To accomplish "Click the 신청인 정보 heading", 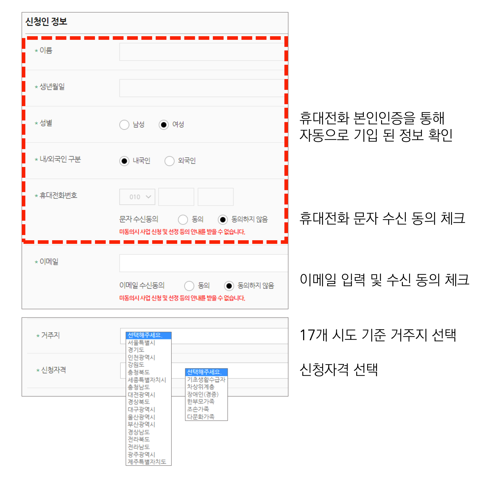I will tap(46, 22).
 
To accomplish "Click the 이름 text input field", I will tap(202, 52).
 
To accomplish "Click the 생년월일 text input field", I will tap(202, 88).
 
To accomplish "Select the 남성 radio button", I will tap(124, 125).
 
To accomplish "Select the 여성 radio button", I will tap(164, 125).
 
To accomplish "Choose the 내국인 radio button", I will tap(124, 161).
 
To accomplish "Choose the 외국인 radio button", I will tap(169, 161).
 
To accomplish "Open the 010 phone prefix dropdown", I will tap(137, 197).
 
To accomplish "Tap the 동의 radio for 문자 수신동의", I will tap(183, 220).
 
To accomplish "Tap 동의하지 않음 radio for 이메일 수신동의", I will tap(229, 286).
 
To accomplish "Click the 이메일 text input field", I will tap(203, 263).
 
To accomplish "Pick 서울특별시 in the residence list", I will tap(141, 343).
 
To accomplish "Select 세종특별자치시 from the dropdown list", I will tap(147, 380).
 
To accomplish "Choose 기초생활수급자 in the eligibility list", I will tap(206, 380).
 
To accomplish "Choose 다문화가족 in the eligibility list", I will tap(201, 417).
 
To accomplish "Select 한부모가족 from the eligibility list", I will tap(201, 401).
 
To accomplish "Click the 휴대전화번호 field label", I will tap(58, 196).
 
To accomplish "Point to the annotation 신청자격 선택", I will tap(338, 370).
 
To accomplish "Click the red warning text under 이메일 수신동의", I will tap(182, 298).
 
